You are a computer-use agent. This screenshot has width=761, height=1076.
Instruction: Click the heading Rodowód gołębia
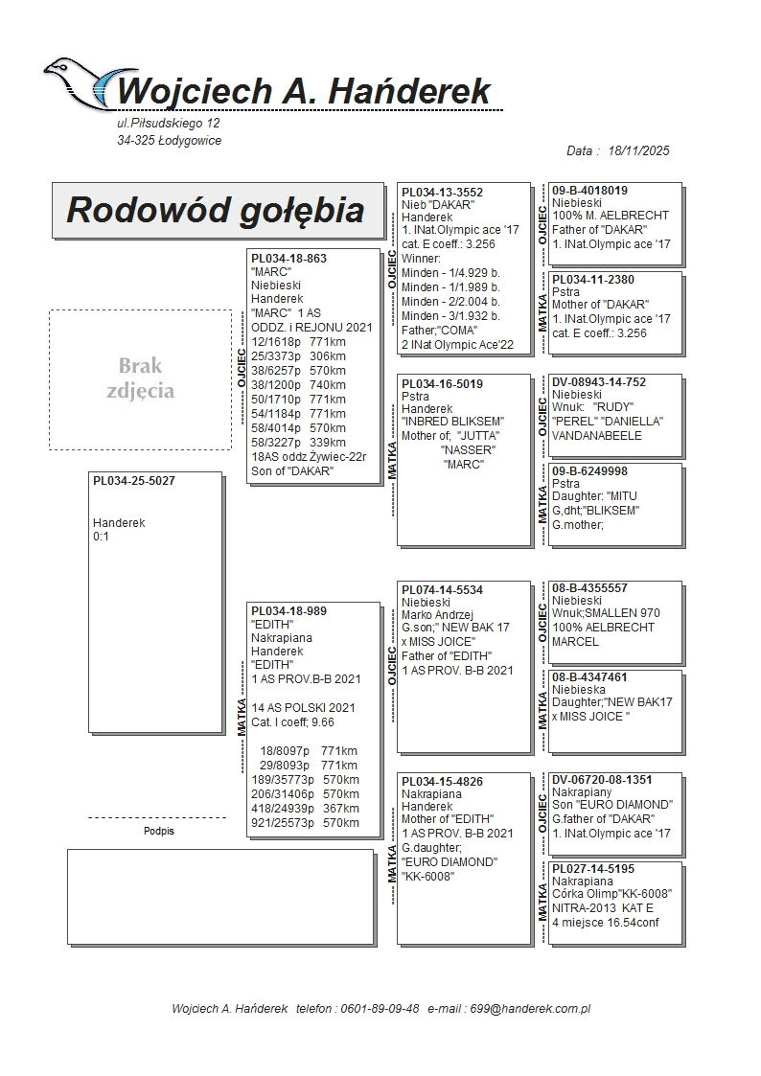tap(215, 211)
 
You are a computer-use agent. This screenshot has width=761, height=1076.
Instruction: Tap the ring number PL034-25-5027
tap(134, 481)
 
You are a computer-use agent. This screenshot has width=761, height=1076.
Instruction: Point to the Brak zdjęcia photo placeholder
tap(140, 378)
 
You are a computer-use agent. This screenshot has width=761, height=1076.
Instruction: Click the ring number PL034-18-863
tap(288, 259)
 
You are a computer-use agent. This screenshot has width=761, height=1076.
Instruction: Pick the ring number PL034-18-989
tap(288, 611)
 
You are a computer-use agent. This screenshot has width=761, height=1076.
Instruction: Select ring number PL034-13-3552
tap(442, 193)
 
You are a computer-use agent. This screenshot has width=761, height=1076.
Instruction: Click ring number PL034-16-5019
tap(442, 384)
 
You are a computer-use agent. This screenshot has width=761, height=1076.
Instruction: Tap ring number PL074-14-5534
tap(442, 590)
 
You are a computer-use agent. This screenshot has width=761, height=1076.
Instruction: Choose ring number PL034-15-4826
tap(442, 782)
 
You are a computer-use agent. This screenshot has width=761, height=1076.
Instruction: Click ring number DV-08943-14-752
tap(599, 382)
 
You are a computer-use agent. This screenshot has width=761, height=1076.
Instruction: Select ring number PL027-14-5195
tap(593, 869)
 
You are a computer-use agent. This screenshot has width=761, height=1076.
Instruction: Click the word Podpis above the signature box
tap(159, 832)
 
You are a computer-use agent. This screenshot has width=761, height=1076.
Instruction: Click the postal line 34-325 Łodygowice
tap(169, 141)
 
